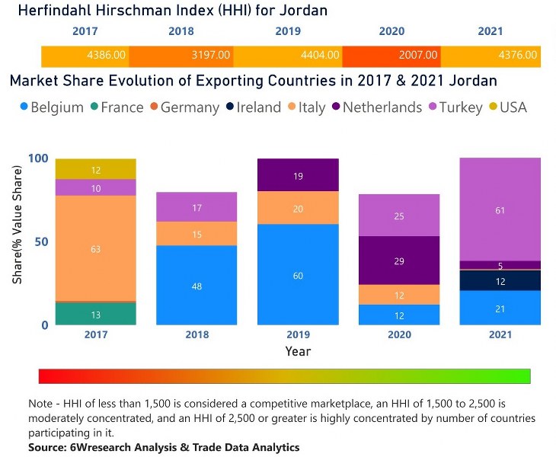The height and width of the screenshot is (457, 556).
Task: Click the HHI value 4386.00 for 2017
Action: (x=107, y=56)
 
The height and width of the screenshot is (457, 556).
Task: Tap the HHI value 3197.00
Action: (x=208, y=56)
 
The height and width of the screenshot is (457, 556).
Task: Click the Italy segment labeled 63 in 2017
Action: (x=96, y=248)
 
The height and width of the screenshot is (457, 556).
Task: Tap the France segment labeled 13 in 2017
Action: (x=96, y=314)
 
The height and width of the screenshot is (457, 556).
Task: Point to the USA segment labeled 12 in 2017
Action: (x=96, y=169)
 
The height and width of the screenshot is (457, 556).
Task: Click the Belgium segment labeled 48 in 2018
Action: (x=197, y=285)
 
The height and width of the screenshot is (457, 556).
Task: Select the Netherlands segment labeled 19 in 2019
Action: (x=297, y=175)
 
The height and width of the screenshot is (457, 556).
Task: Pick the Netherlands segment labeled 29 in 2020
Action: (x=398, y=260)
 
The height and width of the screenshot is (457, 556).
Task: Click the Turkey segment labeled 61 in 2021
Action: (x=500, y=209)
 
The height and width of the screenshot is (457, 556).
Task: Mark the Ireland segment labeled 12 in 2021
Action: (x=500, y=280)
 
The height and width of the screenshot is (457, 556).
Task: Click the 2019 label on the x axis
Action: (x=297, y=335)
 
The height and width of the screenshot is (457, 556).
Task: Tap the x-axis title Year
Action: (x=298, y=352)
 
